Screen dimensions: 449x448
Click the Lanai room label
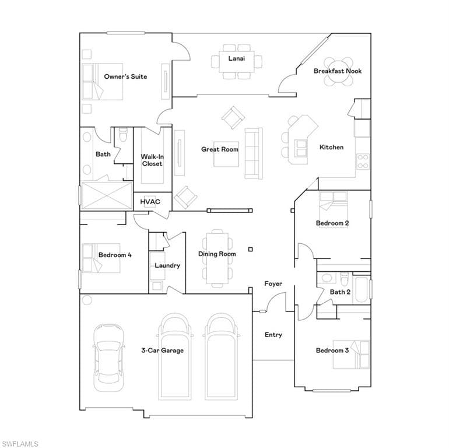tap(237, 58)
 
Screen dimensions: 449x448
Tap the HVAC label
tap(150, 202)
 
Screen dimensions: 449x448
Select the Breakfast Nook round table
tap(338, 71)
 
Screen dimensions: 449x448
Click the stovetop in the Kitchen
tap(363, 162)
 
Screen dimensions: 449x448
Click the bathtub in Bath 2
tap(362, 289)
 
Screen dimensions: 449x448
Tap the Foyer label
tap(273, 283)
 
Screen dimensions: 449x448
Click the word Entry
tap(273, 335)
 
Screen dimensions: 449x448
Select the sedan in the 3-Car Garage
tap(109, 358)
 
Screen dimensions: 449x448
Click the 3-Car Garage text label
tap(162, 351)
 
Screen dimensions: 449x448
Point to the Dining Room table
tap(218, 258)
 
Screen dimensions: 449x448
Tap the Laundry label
tap(167, 265)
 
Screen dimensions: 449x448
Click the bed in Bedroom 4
tap(101, 258)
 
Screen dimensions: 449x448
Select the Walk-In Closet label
tap(152, 160)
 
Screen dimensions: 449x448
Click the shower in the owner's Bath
tap(107, 195)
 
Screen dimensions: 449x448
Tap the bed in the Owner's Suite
tap(103, 82)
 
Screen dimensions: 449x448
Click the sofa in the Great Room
tap(254, 153)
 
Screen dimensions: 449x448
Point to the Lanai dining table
tap(237, 62)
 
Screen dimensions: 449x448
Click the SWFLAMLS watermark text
tap(20, 444)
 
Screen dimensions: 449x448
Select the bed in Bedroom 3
tap(352, 354)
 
